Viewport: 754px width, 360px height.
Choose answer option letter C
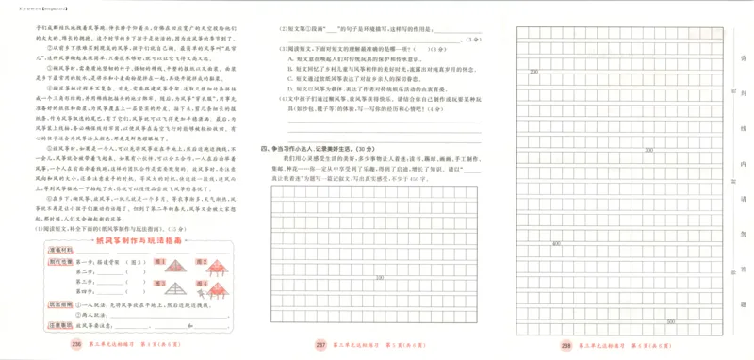point(288,79)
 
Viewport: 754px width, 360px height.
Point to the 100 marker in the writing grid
point(379,277)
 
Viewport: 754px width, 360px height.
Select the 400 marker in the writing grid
point(557,243)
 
